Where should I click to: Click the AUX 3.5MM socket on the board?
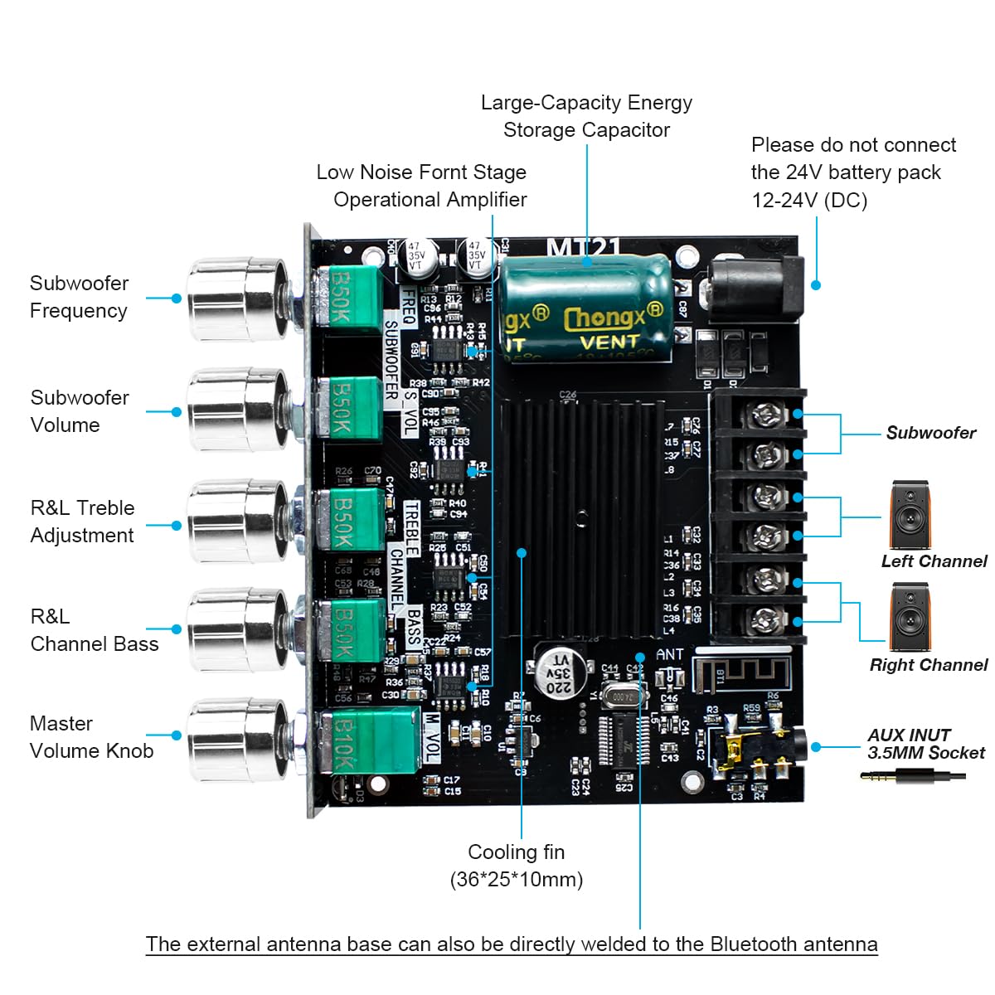click(x=763, y=746)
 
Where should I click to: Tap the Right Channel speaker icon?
click(x=910, y=617)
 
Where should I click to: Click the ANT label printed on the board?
click(x=669, y=655)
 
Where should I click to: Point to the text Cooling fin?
click(x=516, y=852)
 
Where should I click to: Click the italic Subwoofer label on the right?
click(x=930, y=433)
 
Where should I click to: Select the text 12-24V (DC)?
click(x=809, y=201)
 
